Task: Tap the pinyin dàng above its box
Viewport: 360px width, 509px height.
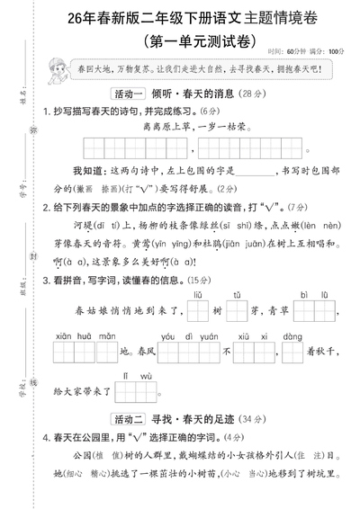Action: (292, 335)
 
